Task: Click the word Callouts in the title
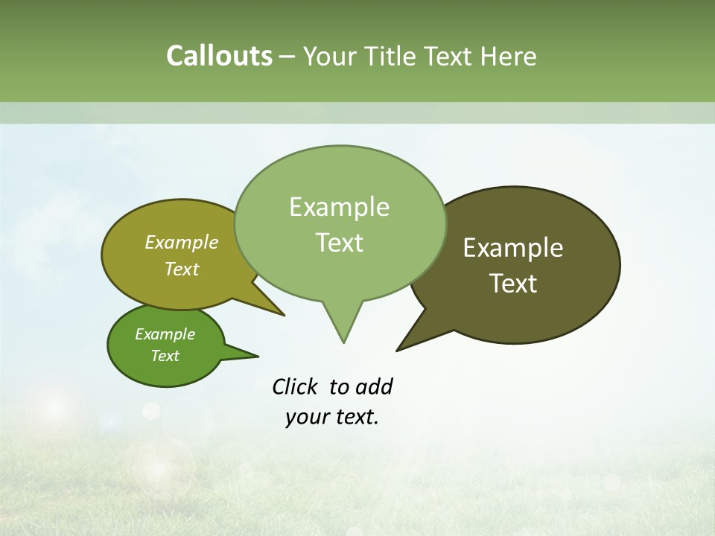219,56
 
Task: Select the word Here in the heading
509,56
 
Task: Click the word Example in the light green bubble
339,207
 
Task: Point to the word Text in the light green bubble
339,243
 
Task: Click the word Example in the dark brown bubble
513,248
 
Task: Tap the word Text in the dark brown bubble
513,284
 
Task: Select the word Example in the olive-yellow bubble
181,243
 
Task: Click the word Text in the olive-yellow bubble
181,269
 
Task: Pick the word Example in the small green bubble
165,334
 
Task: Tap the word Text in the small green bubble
165,356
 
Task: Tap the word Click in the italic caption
296,387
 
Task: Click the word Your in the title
329,56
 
